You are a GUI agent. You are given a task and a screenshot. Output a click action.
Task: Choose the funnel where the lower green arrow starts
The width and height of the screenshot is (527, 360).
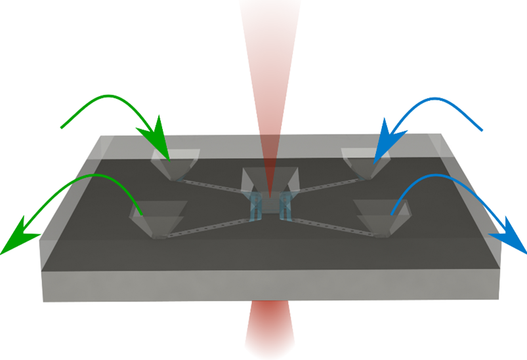(x=158, y=217)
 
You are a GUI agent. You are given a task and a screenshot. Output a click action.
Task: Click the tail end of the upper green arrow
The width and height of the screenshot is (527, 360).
(x=62, y=127)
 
